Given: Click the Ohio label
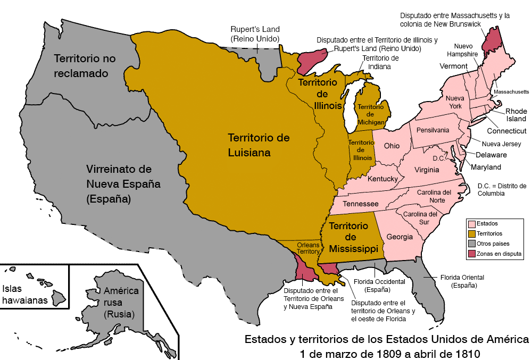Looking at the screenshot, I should coord(392,146).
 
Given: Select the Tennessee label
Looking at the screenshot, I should coord(360,204).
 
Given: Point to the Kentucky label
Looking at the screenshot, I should coord(382,179).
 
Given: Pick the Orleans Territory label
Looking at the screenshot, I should coord(307,248).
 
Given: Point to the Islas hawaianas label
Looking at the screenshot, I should coord(25,295).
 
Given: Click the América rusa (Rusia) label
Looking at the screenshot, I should coord(121,303).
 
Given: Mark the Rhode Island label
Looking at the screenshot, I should coord(516,115).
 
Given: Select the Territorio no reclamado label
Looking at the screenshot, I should coord(85,65).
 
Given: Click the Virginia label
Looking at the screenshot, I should coord(427,170).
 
